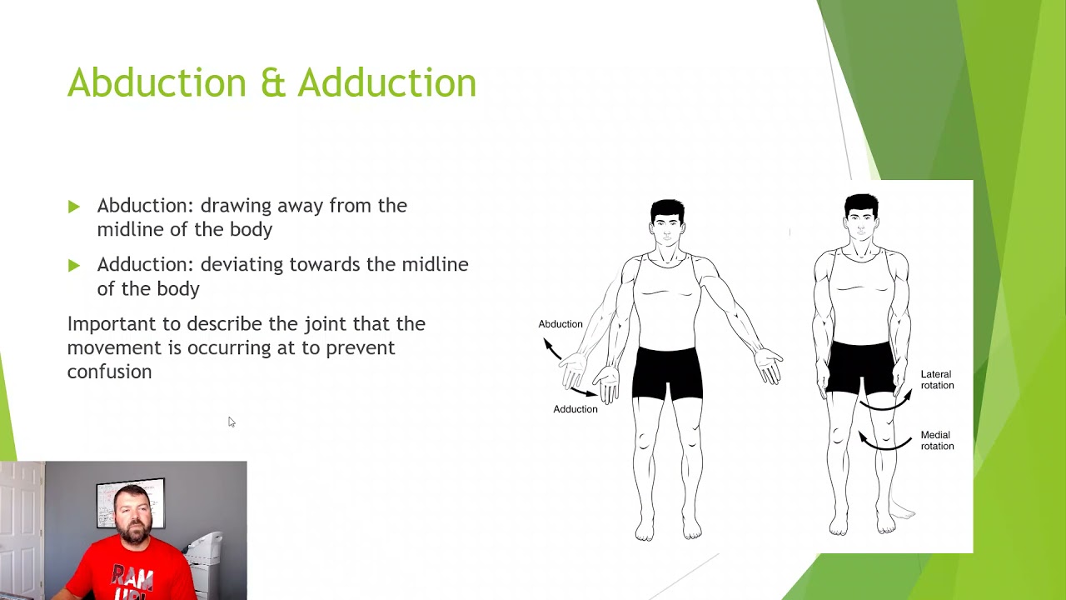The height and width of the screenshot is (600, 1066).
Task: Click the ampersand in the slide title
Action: pyautogui.click(x=272, y=83)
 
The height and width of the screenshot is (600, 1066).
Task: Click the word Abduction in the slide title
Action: pyautogui.click(x=156, y=83)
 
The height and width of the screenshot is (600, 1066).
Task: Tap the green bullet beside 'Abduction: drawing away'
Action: pyautogui.click(x=74, y=207)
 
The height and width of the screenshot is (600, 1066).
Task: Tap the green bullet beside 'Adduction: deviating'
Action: pyautogui.click(x=74, y=266)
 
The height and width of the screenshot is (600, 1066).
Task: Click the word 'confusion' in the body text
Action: pyautogui.click(x=109, y=372)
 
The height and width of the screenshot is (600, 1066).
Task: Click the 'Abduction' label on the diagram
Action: pyautogui.click(x=560, y=324)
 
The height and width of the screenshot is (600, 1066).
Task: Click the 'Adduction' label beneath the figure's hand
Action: pyautogui.click(x=575, y=409)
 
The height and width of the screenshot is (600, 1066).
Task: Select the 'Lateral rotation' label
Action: pyautogui.click(x=937, y=380)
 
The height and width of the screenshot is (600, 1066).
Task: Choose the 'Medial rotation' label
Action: pyautogui.click(x=937, y=440)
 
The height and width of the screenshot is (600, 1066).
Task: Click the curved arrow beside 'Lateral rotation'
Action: pyautogui.click(x=887, y=402)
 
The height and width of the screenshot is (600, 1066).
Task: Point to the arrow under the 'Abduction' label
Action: pyautogui.click(x=551, y=348)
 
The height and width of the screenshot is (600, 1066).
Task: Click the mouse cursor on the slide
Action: pyautogui.click(x=231, y=422)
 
